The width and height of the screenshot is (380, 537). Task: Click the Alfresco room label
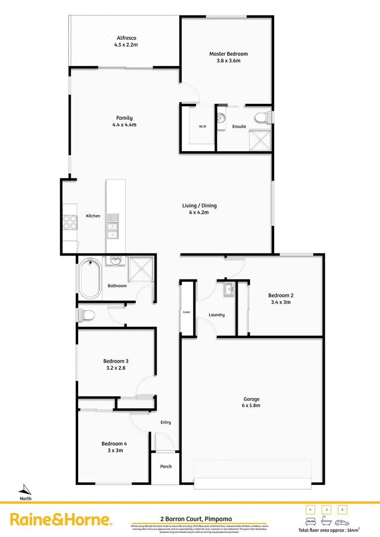click(x=126, y=38)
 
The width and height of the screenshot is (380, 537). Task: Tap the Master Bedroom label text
click(x=228, y=54)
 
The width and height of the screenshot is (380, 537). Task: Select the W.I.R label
click(x=202, y=126)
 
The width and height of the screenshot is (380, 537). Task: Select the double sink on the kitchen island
click(x=113, y=226)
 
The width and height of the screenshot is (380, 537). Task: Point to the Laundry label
click(x=217, y=315)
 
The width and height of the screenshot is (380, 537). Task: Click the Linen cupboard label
click(x=187, y=312)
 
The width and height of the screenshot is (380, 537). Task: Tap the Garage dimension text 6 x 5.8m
click(x=252, y=405)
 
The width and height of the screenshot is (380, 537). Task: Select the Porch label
click(x=166, y=466)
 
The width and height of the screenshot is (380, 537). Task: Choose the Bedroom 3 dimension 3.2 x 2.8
click(x=116, y=368)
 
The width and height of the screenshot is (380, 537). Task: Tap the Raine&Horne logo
click(x=61, y=520)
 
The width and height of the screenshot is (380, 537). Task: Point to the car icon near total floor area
click(x=342, y=523)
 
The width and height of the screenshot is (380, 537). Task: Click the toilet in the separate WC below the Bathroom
click(x=85, y=315)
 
